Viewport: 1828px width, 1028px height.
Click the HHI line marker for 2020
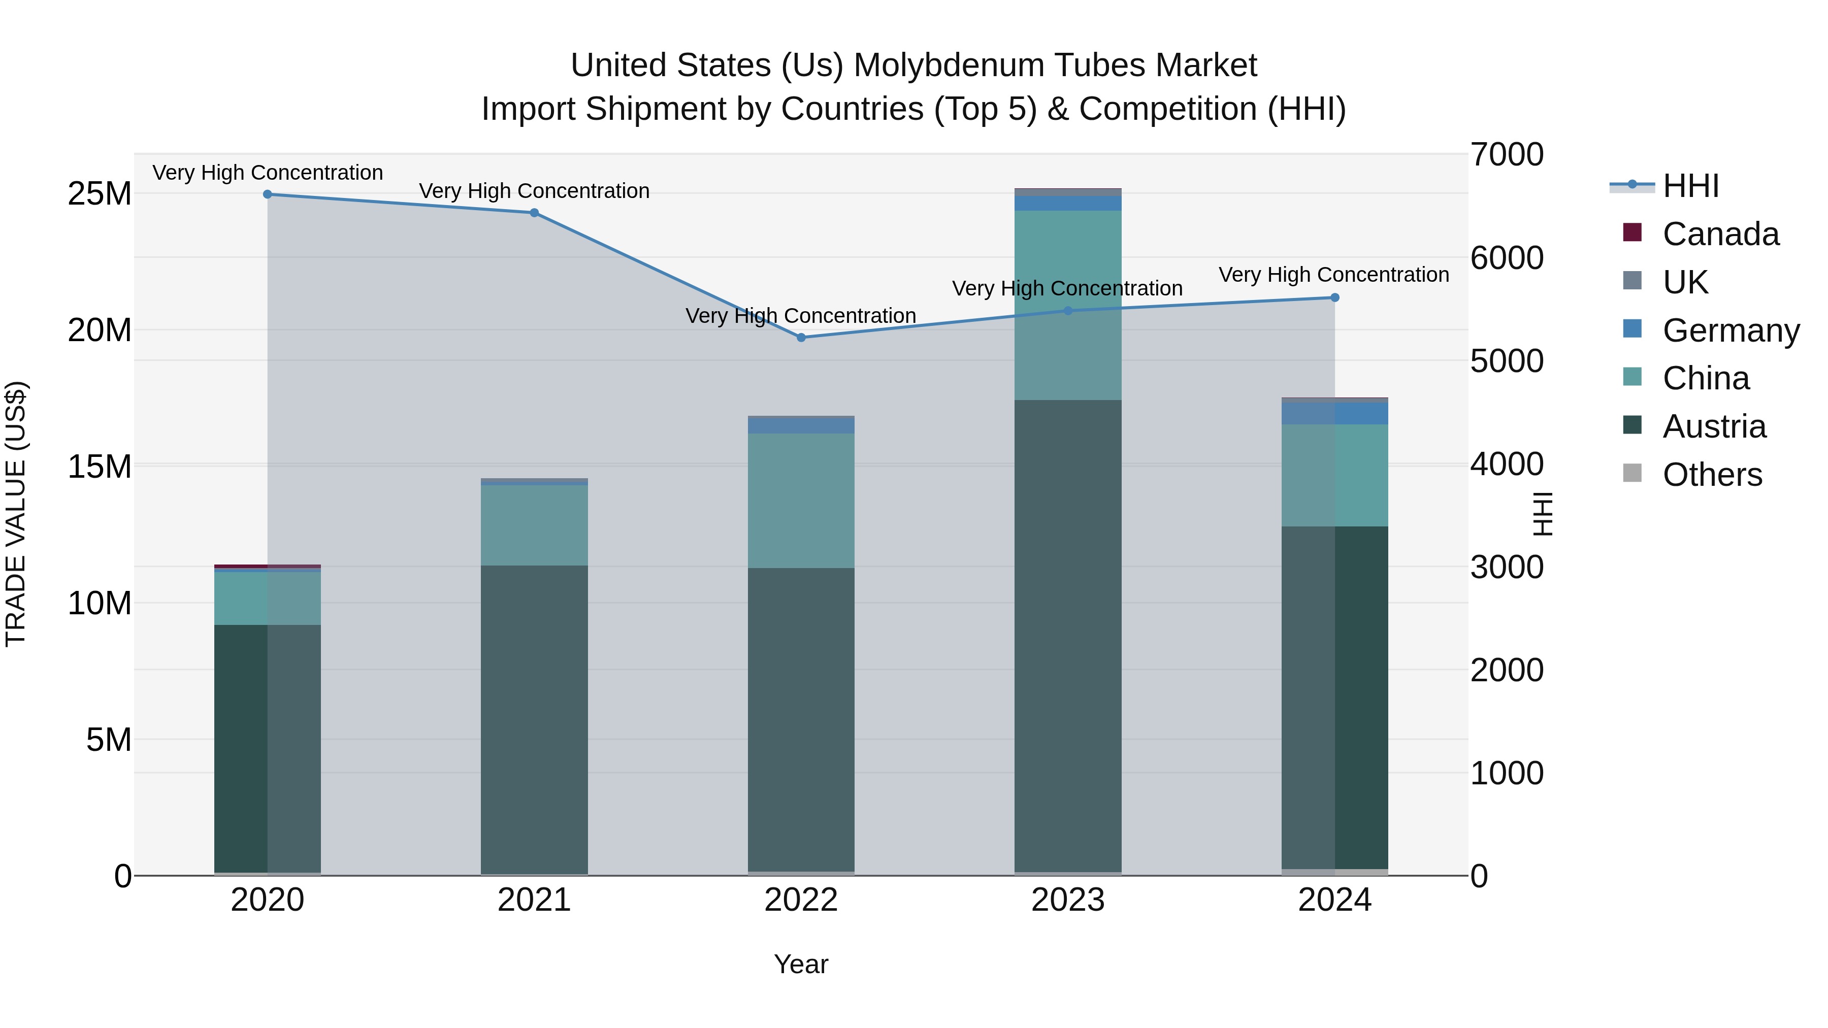pos(268,194)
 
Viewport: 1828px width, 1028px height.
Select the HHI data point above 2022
pos(801,338)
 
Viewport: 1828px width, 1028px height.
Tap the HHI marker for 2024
pos(1335,298)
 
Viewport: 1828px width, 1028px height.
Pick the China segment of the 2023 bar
pos(1068,305)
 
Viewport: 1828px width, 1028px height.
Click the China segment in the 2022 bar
pos(801,500)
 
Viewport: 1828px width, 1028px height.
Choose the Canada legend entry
pos(1720,234)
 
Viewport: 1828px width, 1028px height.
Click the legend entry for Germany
pos(1730,330)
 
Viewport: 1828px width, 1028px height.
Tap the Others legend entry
pos(1712,475)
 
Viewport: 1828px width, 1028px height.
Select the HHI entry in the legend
pos(1690,186)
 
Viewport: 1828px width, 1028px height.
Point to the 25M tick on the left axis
pos(100,194)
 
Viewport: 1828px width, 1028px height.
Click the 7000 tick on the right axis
pos(1506,155)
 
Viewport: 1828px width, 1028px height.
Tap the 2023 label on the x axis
pos(1068,900)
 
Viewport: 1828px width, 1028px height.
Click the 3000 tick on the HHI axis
pos(1506,568)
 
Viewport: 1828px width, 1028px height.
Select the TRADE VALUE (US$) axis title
pos(16,514)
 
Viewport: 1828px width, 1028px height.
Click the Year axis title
pos(801,964)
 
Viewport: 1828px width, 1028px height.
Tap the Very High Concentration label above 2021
pos(534,191)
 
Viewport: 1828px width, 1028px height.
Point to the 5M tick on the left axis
pos(109,740)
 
